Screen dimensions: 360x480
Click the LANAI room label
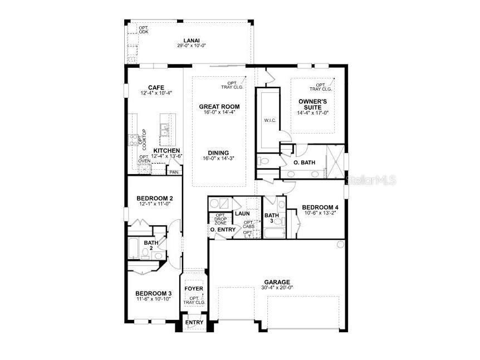point(192,41)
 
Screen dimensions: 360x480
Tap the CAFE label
point(155,87)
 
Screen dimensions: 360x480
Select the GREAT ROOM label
point(219,106)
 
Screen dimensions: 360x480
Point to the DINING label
point(219,152)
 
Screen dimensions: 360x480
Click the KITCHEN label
point(166,151)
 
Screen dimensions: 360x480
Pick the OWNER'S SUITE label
point(311,104)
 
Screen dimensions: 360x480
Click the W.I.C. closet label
point(270,120)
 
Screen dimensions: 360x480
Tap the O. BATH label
point(304,162)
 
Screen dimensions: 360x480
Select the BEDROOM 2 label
point(155,198)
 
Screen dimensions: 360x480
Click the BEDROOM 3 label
point(154,293)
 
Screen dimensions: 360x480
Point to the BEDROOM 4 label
point(320,208)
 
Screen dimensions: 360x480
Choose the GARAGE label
point(277,282)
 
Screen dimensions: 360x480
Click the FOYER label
point(194,289)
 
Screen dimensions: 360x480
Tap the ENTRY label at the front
point(194,323)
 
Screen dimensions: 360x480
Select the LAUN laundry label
point(242,213)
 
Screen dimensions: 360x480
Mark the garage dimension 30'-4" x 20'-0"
point(277,288)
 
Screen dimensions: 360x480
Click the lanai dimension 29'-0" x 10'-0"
point(192,46)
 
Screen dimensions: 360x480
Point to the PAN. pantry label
point(174,172)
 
